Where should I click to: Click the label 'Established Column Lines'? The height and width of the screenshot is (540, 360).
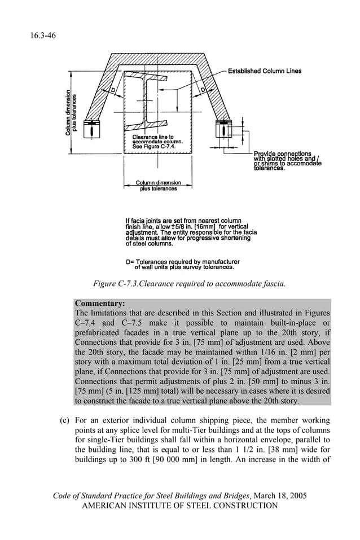(x=265, y=71)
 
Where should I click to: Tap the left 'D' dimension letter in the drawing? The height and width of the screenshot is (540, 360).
(x=113, y=91)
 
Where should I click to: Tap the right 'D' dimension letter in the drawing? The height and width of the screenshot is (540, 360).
(x=202, y=91)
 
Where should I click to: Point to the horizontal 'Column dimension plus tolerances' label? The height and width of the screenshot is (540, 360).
(x=157, y=186)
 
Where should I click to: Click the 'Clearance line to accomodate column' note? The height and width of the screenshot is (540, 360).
(x=153, y=142)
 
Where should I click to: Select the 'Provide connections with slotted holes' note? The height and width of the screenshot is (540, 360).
(x=287, y=161)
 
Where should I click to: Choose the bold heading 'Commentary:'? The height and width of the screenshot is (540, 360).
(x=99, y=303)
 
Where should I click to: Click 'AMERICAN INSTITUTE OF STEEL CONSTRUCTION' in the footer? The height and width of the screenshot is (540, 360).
(x=180, y=506)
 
